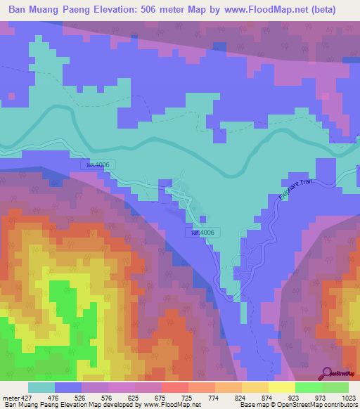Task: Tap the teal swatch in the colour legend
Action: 41,387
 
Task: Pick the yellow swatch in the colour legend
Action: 281,387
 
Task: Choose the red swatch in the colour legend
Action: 174,387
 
